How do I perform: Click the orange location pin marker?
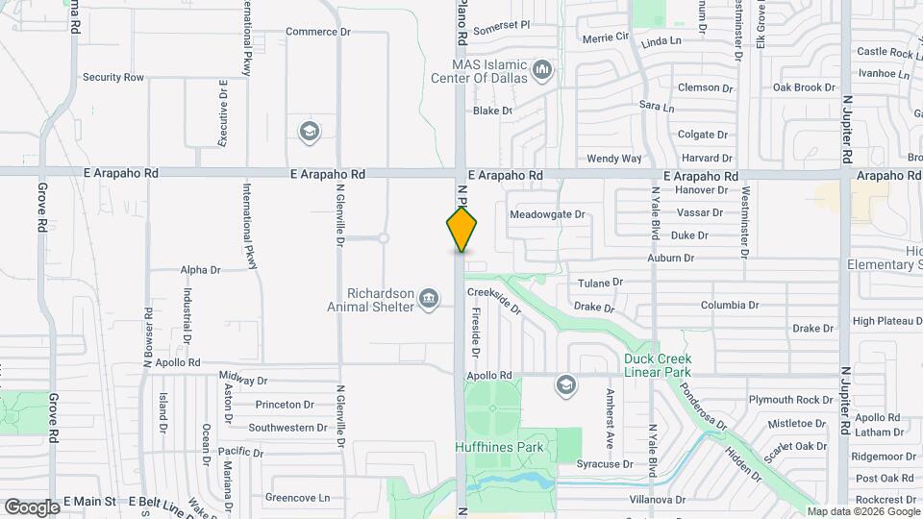(461, 229)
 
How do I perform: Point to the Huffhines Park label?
(501, 447)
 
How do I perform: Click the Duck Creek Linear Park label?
(658, 365)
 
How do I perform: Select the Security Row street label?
(112, 77)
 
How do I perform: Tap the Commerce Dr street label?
(318, 32)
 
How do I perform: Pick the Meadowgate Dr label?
(547, 214)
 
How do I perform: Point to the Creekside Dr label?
(494, 301)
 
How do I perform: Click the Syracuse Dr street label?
(604, 463)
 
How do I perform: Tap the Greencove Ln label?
(297, 498)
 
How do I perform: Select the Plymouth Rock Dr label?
(791, 399)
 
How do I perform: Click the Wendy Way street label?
(613, 159)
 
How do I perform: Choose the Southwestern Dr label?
(287, 428)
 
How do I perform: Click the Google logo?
(32, 507)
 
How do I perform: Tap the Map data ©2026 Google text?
(862, 511)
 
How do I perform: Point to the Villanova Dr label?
(657, 500)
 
